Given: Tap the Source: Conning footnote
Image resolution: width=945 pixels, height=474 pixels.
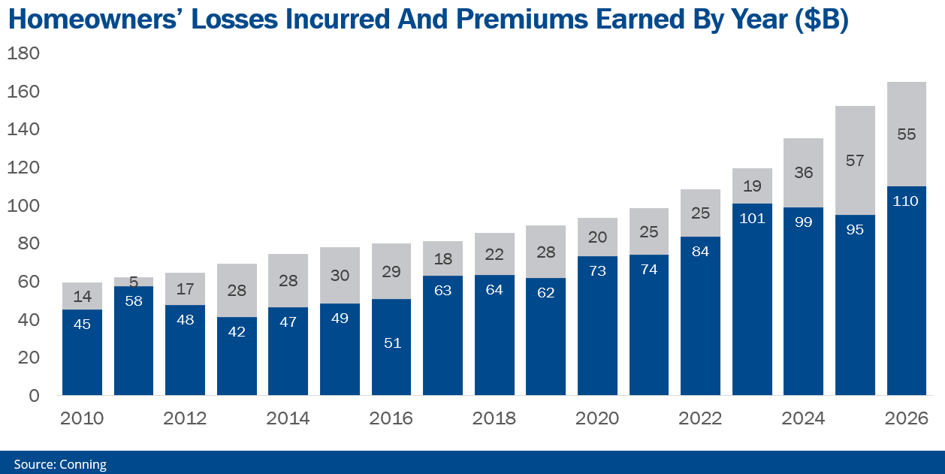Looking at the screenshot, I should pyautogui.click(x=60, y=464).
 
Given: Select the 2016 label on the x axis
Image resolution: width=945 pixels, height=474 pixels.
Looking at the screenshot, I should pyautogui.click(x=391, y=418).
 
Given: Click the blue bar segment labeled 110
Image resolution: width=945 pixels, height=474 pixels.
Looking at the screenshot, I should pyautogui.click(x=906, y=291).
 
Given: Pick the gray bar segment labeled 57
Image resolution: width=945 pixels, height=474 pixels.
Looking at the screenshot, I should pyautogui.click(x=855, y=160).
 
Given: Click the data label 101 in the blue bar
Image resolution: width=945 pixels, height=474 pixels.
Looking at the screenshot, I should pyautogui.click(x=752, y=219).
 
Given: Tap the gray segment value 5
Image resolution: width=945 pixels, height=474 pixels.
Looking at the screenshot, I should pyautogui.click(x=134, y=282).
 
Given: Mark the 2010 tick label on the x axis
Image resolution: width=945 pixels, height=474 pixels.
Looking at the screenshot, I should pyautogui.click(x=82, y=418).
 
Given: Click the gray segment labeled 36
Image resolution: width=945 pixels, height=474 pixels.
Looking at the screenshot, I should pyautogui.click(x=803, y=173).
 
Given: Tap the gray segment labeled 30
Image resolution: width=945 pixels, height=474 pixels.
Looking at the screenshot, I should pyautogui.click(x=340, y=275).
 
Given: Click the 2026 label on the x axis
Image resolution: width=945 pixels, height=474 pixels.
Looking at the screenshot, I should pyautogui.click(x=906, y=418).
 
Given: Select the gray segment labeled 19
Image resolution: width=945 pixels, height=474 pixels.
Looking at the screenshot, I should pyautogui.click(x=752, y=186).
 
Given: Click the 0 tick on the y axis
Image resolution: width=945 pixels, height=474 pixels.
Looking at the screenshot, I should pyautogui.click(x=34, y=396).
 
